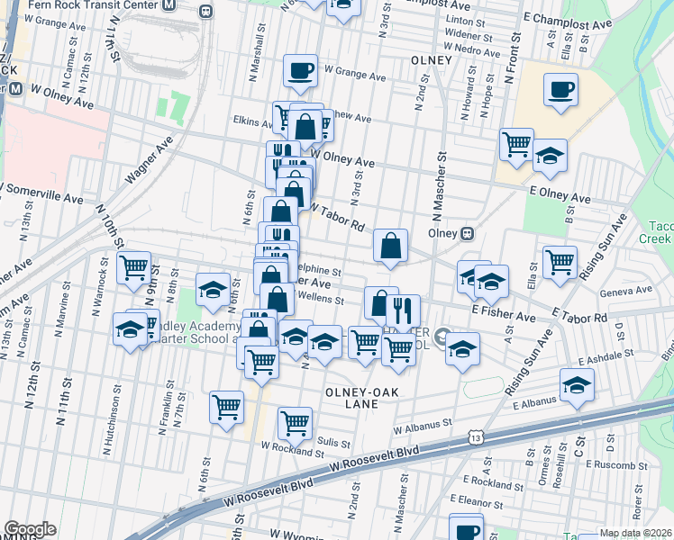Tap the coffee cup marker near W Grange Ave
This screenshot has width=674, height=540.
coord(300,69)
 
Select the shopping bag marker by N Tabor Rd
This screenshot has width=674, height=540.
coord(391,245)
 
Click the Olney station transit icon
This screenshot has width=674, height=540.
coord(468,233)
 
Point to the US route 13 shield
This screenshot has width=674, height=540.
coord(474,437)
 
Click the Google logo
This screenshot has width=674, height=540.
coord(30,529)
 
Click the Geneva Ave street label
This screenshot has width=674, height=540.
coord(631,290)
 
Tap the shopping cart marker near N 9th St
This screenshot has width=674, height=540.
coord(133,265)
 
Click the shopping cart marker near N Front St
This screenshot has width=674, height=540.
coord(516,143)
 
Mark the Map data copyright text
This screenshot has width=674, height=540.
coord(635,533)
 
